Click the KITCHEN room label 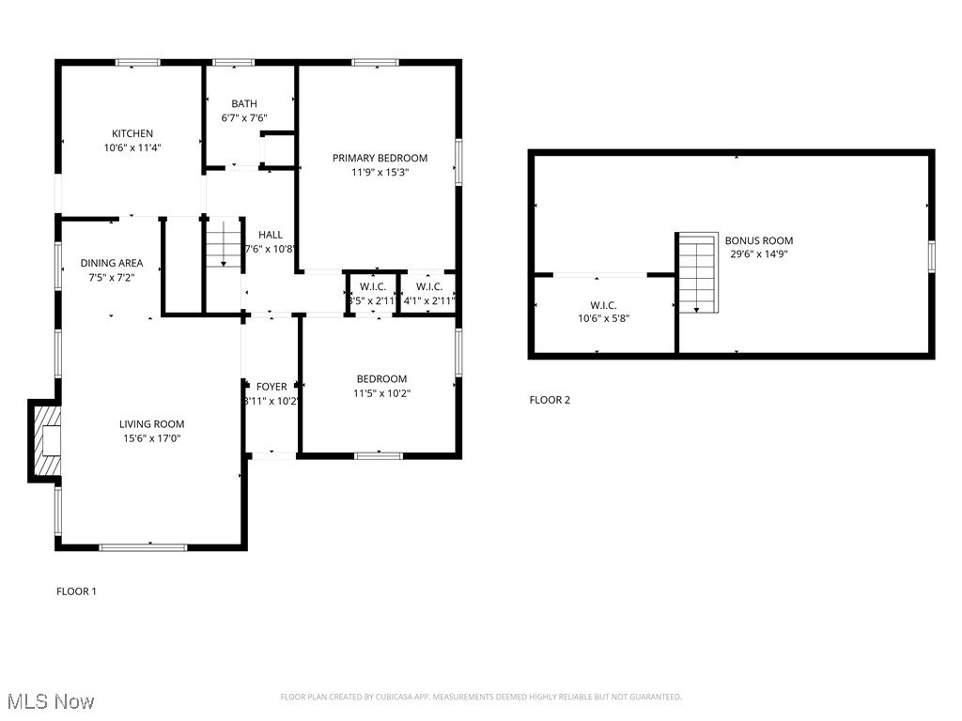tap(132, 133)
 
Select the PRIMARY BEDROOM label tap(380, 158)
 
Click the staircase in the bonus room tap(696, 273)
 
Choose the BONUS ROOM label tap(758, 240)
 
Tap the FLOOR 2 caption tap(550, 400)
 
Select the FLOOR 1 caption tap(76, 591)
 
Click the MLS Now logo tap(50, 701)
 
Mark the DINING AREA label tap(111, 263)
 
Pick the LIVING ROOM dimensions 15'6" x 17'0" tap(151, 437)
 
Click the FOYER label tap(272, 386)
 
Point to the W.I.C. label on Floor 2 tap(603, 305)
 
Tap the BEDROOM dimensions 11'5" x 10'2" tap(380, 393)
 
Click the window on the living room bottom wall tap(143, 546)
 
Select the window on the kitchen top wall tap(137, 63)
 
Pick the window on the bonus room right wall tap(931, 254)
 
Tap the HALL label tap(271, 235)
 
